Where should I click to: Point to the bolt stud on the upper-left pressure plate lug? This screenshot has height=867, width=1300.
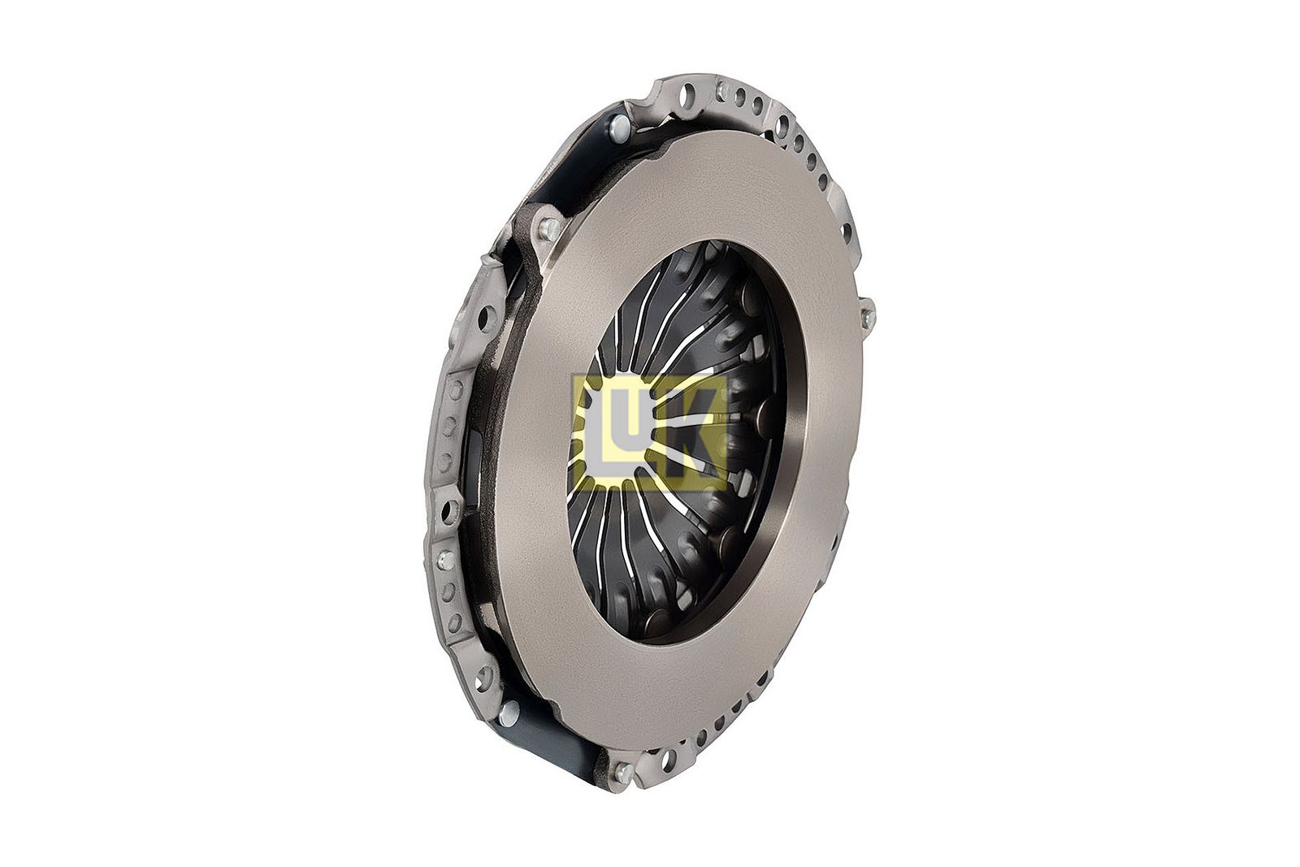(x=548, y=228)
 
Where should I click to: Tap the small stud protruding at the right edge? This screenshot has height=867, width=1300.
(x=869, y=316)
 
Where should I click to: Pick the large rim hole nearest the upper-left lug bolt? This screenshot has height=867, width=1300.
(x=483, y=317)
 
